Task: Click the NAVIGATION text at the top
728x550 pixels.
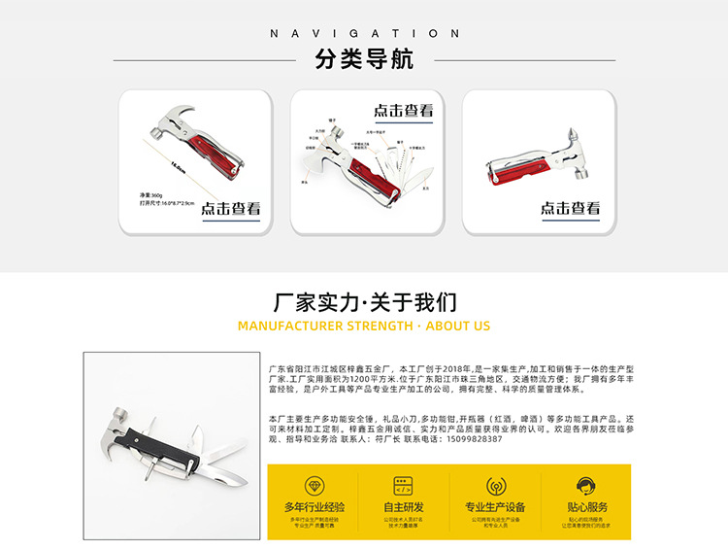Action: (364, 33)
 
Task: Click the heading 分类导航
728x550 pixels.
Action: (364, 59)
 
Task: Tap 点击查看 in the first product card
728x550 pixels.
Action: (230, 208)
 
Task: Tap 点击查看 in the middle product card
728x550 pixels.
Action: (403, 111)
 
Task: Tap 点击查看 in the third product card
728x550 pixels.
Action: (570, 208)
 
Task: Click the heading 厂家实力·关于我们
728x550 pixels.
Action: (364, 301)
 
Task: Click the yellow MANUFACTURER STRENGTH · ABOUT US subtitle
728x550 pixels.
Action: (364, 327)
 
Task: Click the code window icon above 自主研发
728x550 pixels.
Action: (403, 484)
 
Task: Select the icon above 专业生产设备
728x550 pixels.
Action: (494, 484)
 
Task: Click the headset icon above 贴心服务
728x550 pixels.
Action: (586, 484)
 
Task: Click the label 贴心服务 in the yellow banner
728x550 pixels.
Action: (586, 506)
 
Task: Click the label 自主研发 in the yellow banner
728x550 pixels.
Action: (403, 506)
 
